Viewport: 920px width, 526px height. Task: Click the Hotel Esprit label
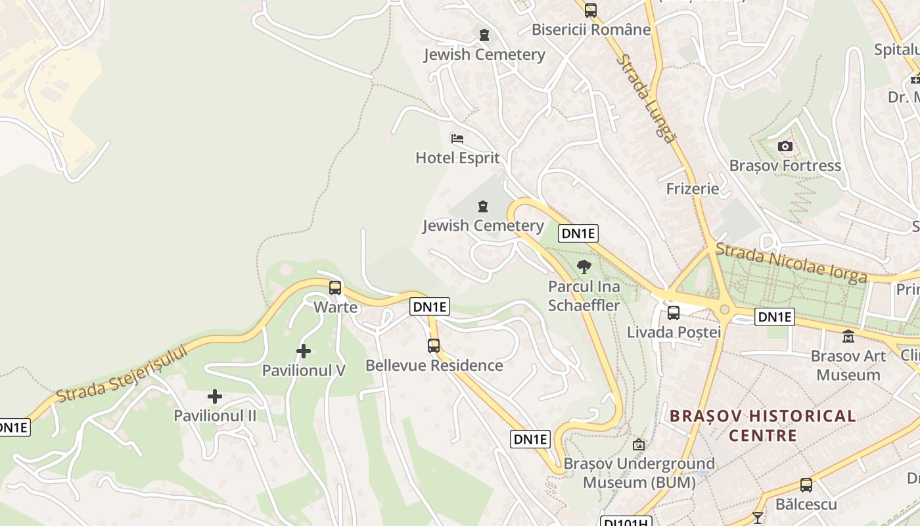[x=457, y=158]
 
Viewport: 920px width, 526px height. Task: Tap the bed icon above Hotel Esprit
[x=457, y=139]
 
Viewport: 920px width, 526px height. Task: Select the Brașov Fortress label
[x=785, y=166]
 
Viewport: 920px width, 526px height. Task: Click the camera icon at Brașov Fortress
[x=785, y=147]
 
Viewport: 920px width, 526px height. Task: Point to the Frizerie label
[x=692, y=189]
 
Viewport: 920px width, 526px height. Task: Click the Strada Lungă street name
[x=645, y=99]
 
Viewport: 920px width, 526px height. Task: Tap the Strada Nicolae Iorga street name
[x=791, y=263]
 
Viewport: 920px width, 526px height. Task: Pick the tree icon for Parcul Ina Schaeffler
[x=584, y=267]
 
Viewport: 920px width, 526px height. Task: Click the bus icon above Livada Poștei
[x=674, y=313]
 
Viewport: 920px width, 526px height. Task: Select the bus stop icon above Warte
[x=335, y=288]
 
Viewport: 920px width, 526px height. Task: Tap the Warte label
[x=335, y=307]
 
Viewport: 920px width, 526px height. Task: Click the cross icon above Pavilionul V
[x=303, y=351]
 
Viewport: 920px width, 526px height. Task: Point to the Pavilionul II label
[x=215, y=416]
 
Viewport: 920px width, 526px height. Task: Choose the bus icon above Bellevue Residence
[x=434, y=346]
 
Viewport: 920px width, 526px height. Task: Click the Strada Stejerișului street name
[x=122, y=373]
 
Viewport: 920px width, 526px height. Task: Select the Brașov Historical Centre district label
[x=762, y=425]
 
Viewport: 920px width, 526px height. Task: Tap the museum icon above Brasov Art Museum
[x=848, y=337]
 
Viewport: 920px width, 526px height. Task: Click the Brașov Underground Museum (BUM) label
[x=639, y=473]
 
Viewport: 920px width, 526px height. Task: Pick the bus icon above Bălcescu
[x=806, y=486]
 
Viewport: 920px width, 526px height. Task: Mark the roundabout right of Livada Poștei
[x=725, y=310]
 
